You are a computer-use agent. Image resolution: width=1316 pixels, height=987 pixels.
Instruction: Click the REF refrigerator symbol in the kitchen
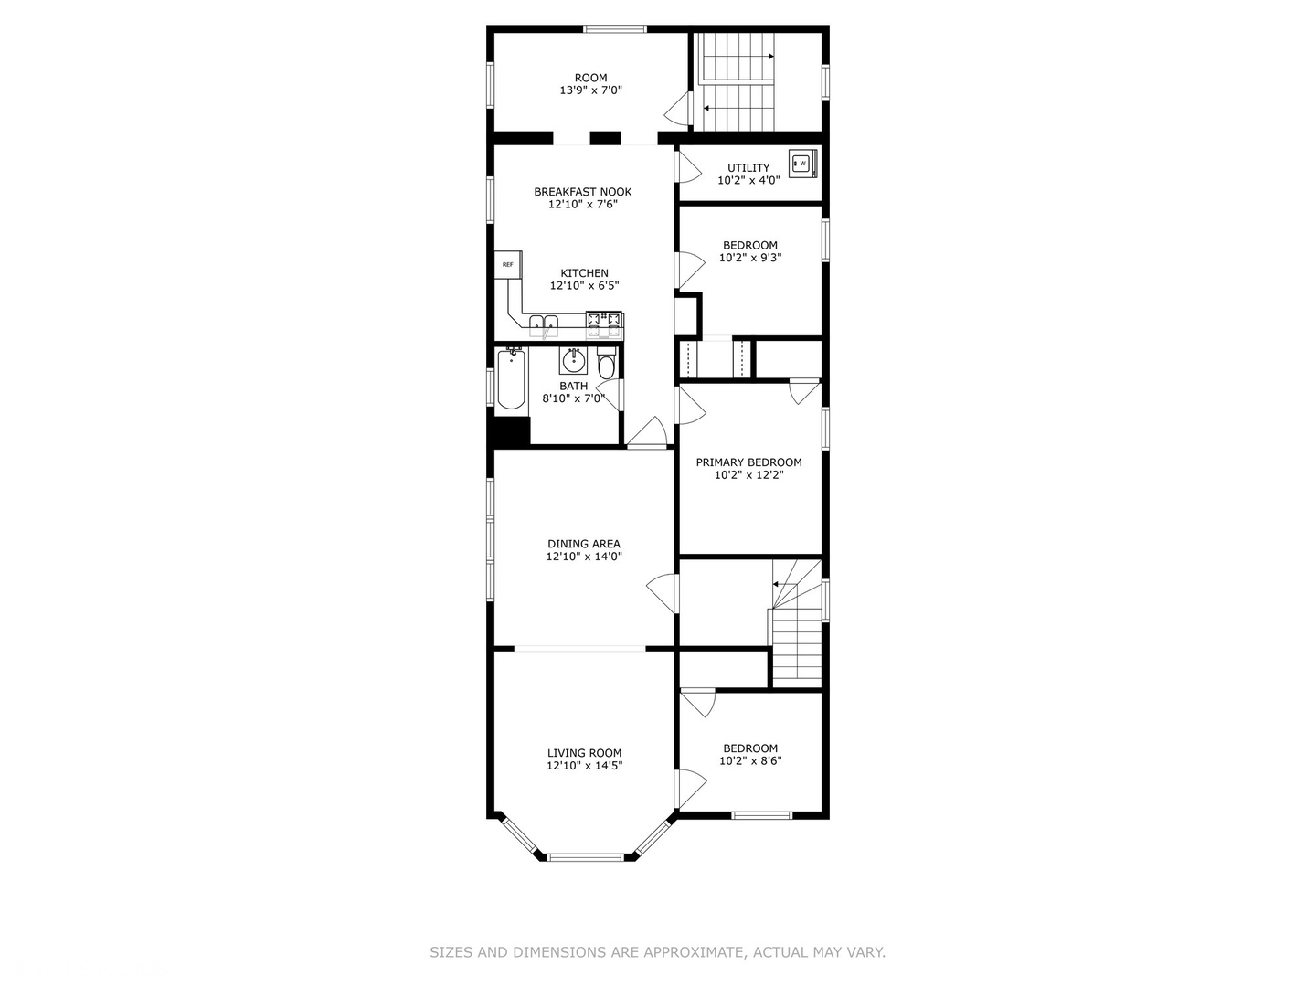point(508,264)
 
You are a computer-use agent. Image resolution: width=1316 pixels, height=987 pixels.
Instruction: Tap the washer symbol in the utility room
point(802,163)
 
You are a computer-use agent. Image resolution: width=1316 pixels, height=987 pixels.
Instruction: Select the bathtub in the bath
point(512,379)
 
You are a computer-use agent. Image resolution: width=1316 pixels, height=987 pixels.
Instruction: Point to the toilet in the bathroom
point(607,363)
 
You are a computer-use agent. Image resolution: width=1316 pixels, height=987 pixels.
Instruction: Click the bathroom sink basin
point(574,360)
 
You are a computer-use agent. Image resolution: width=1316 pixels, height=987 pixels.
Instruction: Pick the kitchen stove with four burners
point(604,326)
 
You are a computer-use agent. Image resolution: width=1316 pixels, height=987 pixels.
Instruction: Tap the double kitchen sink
point(544,324)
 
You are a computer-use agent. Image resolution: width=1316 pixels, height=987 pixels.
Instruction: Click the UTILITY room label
point(748,168)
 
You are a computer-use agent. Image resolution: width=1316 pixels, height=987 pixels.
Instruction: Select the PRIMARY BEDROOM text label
point(748,462)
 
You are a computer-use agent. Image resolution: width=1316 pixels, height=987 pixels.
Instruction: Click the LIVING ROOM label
point(584,753)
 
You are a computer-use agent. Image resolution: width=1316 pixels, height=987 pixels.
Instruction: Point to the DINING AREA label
point(584,544)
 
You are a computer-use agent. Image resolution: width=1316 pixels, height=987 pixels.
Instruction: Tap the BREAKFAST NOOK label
point(583,192)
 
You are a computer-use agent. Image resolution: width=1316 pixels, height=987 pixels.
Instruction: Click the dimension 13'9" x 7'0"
point(590,90)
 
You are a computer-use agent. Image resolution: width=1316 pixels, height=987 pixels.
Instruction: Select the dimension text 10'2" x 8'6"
point(750,761)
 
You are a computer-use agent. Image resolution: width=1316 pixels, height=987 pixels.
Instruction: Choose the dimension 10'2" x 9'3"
point(750,258)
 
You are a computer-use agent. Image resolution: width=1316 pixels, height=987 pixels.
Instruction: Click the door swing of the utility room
point(689,167)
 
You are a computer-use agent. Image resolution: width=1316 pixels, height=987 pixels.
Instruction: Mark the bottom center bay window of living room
point(586,857)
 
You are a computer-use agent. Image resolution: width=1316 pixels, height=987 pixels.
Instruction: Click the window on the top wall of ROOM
point(615,28)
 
